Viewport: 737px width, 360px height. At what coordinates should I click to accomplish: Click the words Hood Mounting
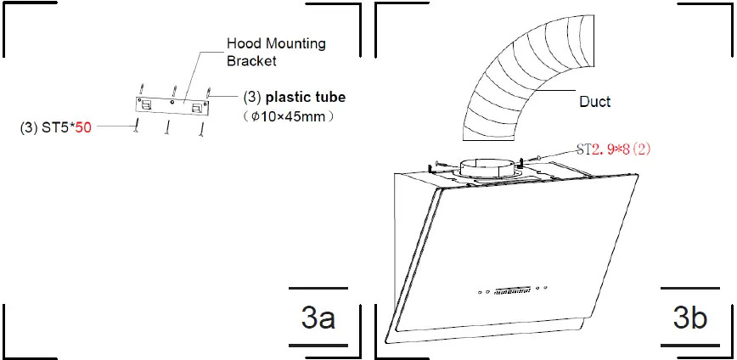(275, 43)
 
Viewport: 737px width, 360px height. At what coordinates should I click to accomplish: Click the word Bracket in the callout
(252, 61)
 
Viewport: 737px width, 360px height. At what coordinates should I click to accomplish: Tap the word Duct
(594, 101)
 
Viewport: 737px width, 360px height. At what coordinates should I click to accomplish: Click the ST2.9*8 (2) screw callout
(613, 149)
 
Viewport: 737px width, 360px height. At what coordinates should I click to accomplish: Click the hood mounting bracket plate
(172, 105)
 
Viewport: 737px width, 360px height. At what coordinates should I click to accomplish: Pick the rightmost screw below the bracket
(201, 128)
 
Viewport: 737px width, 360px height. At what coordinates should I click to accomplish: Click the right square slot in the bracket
(199, 106)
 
